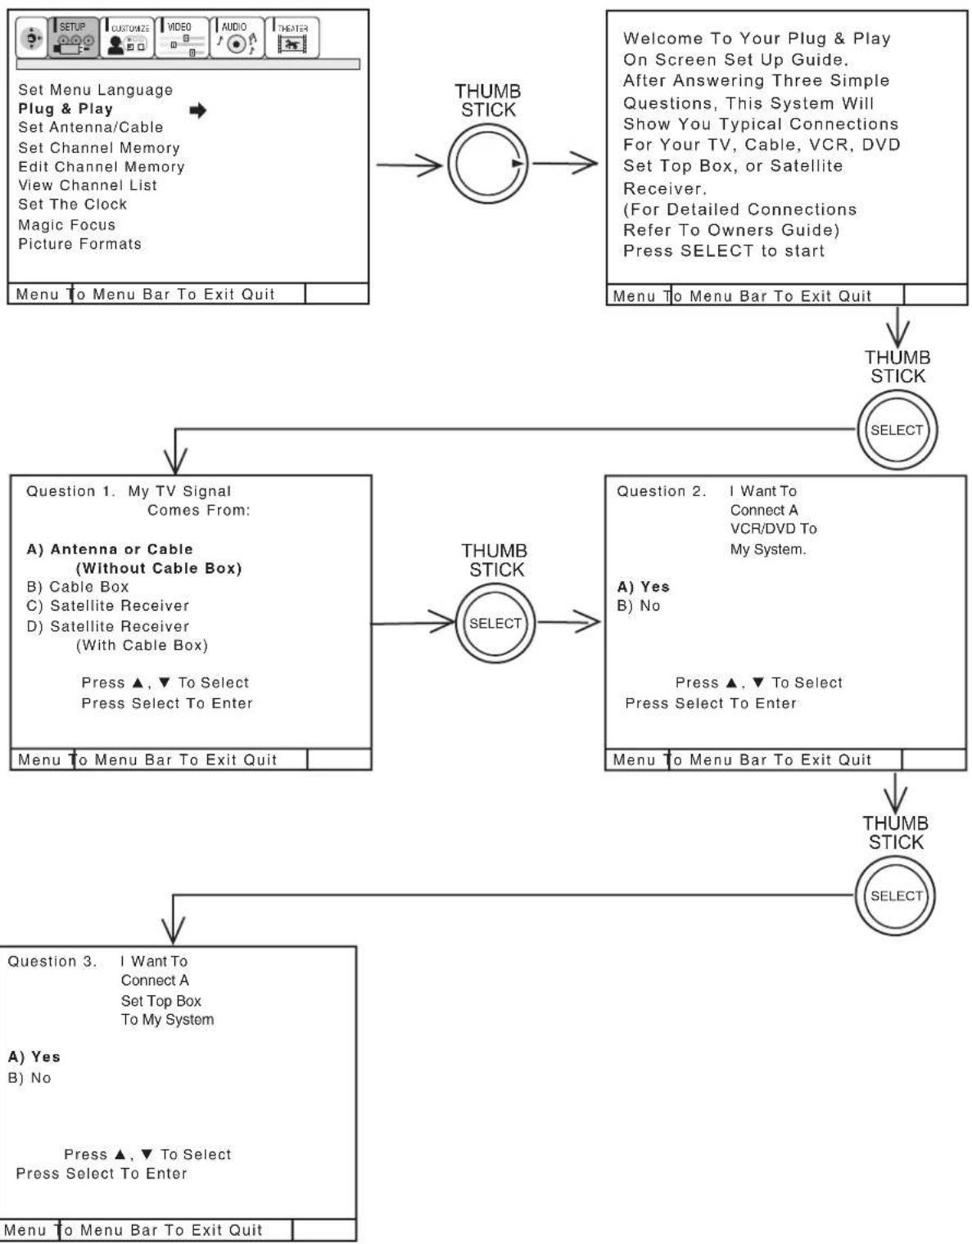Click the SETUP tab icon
(74, 37)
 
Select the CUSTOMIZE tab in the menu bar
(127, 37)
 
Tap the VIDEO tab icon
(182, 37)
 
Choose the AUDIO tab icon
(237, 37)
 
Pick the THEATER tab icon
(292, 37)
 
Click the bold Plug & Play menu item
(66, 109)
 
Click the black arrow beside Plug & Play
(197, 110)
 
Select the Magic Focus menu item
(66, 225)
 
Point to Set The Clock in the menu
(72, 205)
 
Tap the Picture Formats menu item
(79, 244)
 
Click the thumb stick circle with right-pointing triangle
(488, 164)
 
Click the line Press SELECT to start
(724, 250)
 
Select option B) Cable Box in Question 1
(78, 587)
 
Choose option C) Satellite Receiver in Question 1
(108, 606)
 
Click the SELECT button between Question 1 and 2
(495, 623)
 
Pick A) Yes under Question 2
(644, 587)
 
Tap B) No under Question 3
(29, 1078)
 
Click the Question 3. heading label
(52, 962)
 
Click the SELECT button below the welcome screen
(897, 430)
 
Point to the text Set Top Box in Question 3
(161, 1001)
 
